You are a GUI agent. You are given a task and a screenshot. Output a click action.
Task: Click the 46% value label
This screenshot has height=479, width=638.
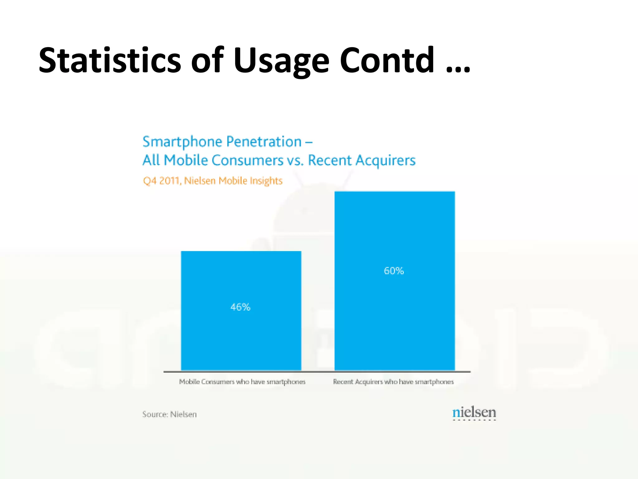pyautogui.click(x=240, y=307)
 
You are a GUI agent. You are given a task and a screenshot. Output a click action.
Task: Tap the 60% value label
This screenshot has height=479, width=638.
pyautogui.click(x=394, y=271)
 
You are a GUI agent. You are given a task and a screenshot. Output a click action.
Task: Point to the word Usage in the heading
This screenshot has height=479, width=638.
pyautogui.click(x=281, y=61)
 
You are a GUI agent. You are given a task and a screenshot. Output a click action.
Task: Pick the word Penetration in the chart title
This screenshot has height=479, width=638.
pyautogui.click(x=264, y=142)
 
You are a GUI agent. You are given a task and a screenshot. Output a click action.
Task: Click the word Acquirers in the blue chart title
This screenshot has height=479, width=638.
pyautogui.click(x=385, y=161)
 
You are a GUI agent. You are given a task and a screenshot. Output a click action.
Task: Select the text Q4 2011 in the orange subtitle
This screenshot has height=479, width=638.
pyautogui.click(x=161, y=181)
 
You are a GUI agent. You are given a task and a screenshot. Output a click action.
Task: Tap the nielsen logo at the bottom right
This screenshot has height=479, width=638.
pyautogui.click(x=474, y=413)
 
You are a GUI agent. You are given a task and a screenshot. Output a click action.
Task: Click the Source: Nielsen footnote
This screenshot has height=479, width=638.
pyautogui.click(x=169, y=414)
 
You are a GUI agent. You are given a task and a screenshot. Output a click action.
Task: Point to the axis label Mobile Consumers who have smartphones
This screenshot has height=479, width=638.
pyautogui.click(x=242, y=382)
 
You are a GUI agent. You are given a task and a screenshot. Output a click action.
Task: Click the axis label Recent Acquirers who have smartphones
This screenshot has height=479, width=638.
pyautogui.click(x=393, y=382)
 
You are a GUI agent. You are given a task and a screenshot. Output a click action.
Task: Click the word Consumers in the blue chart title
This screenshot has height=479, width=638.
pyautogui.click(x=247, y=160)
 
